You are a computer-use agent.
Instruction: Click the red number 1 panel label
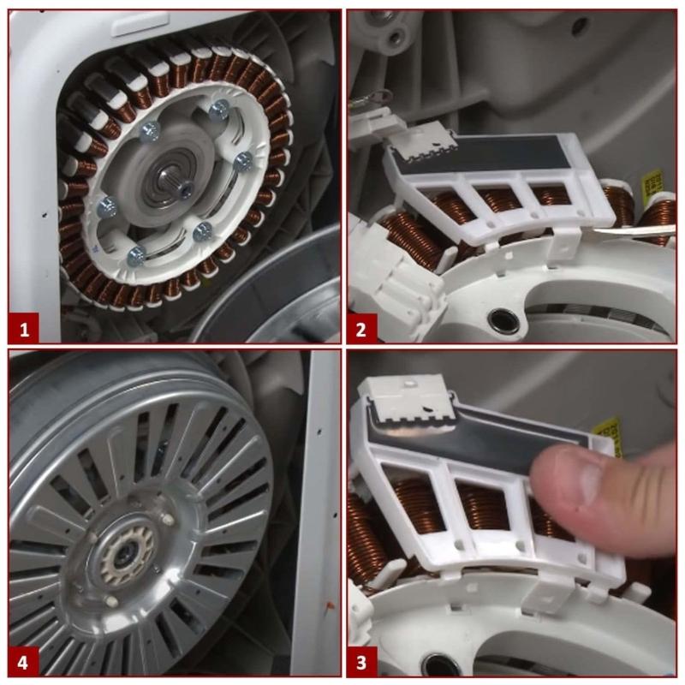[23, 328]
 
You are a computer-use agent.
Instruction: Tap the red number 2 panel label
[361, 329]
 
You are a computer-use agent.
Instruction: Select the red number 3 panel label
[361, 662]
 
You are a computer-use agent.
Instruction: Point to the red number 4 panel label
[23, 662]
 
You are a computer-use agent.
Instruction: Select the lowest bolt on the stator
[137, 256]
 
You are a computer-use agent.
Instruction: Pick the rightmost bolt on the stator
[243, 161]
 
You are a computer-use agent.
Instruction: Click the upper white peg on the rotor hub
[167, 519]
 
